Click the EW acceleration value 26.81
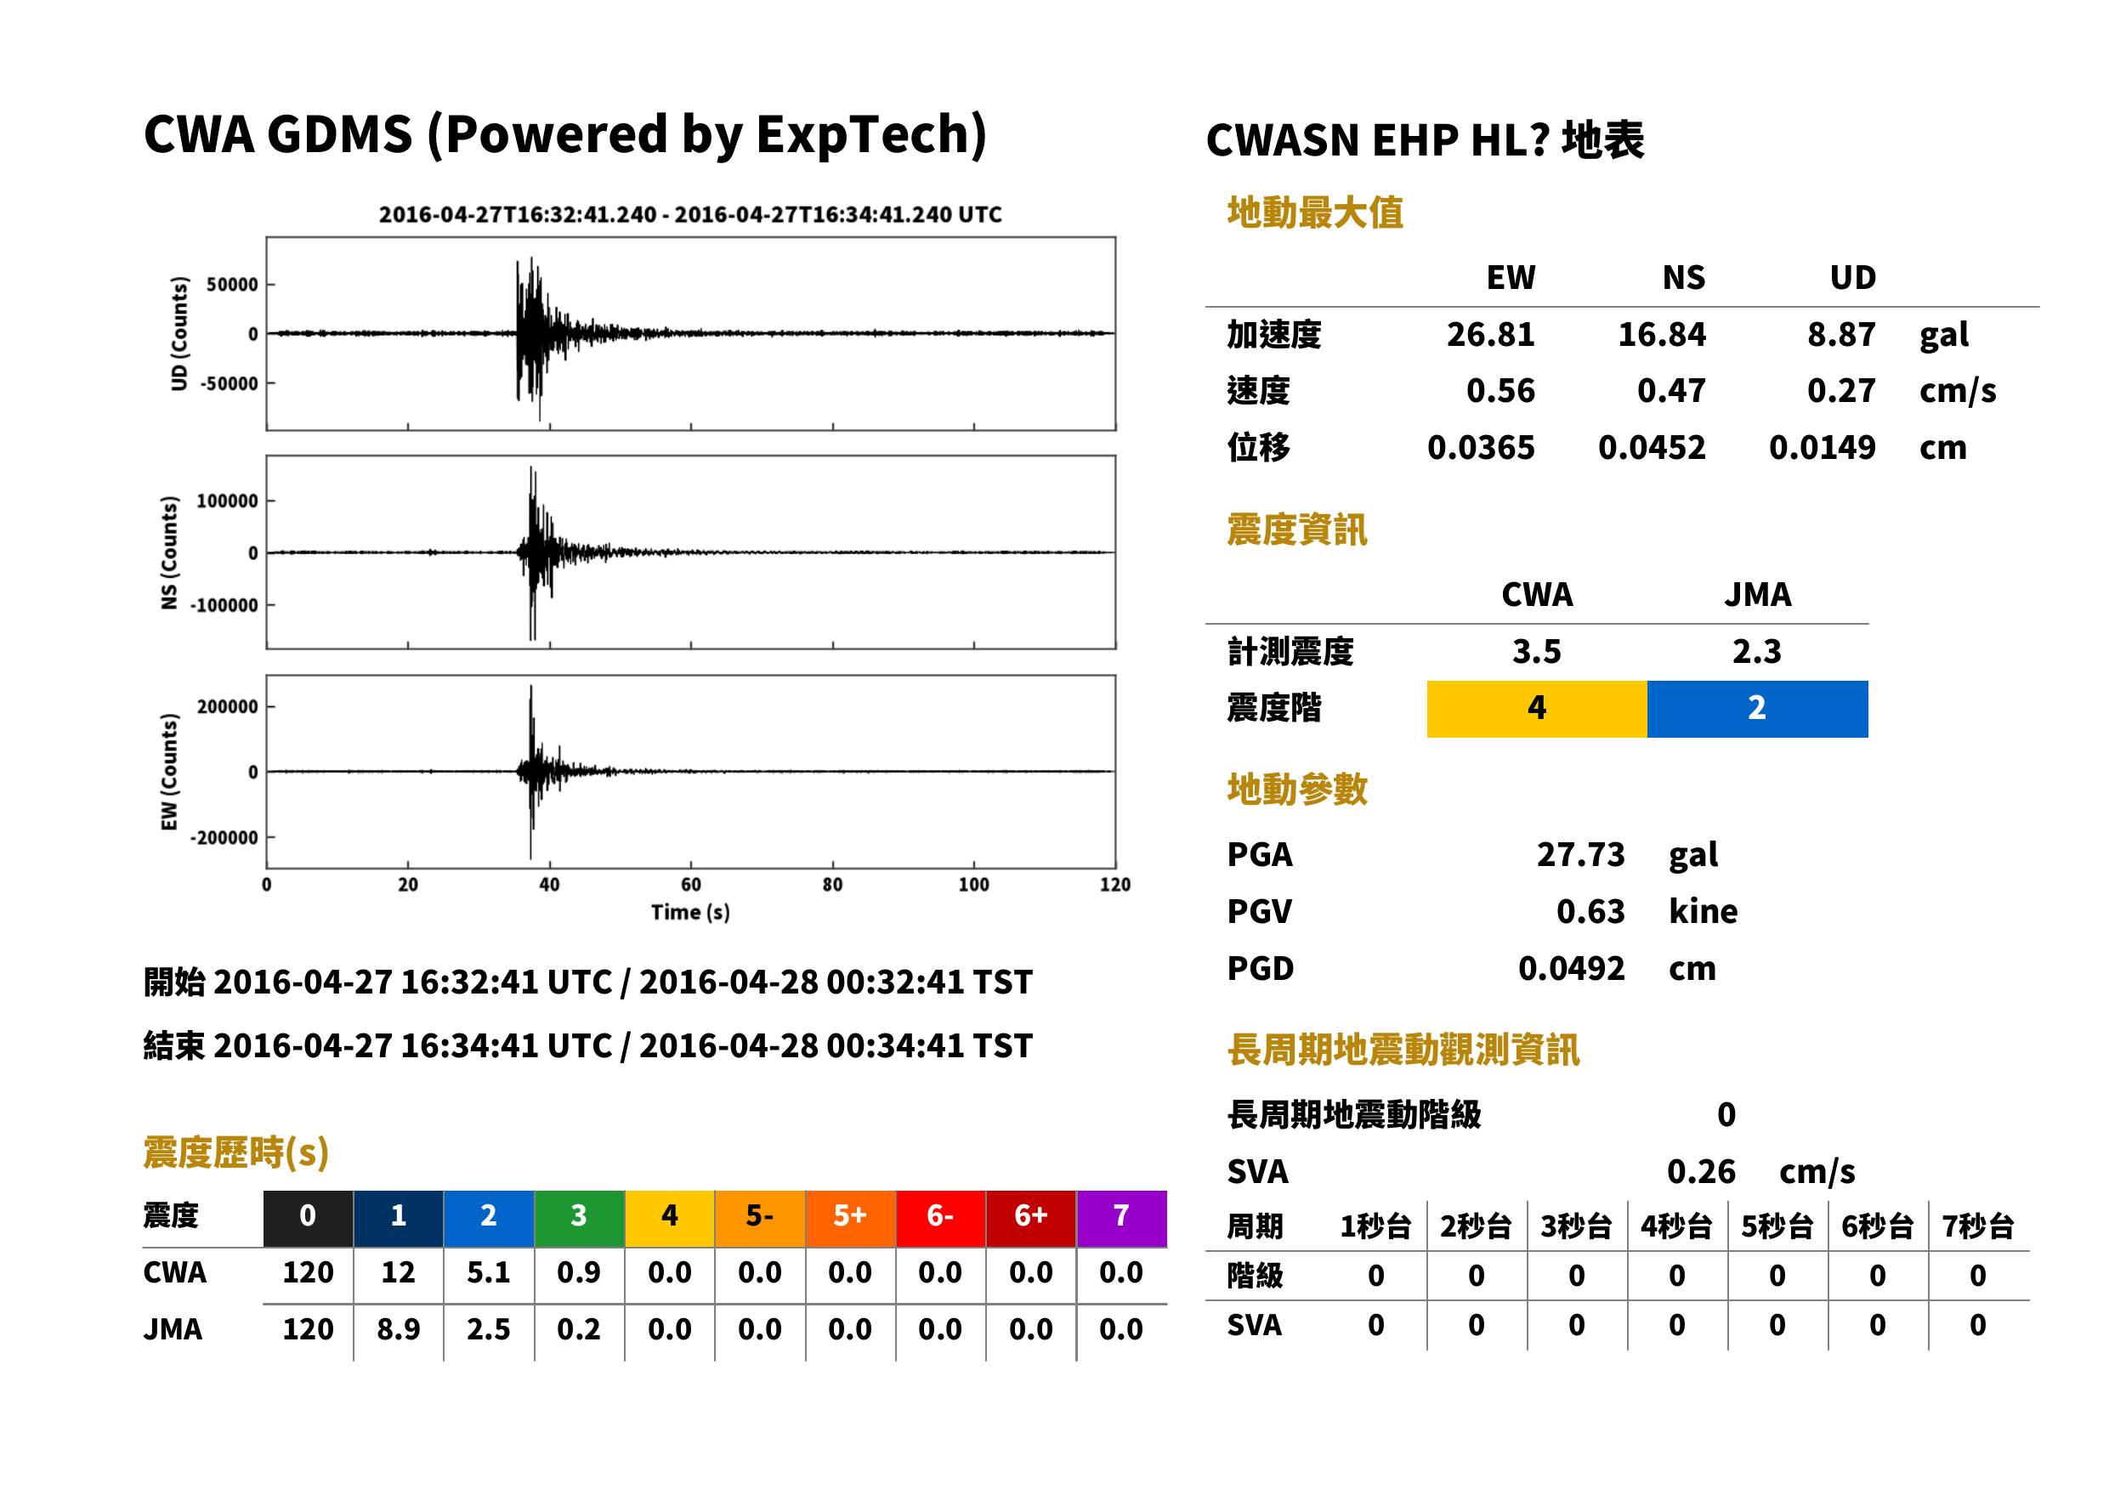(1489, 334)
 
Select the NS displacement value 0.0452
(1651, 448)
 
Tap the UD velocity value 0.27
(1841, 390)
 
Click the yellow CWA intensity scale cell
(1537, 709)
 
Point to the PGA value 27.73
(1580, 854)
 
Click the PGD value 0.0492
(1571, 968)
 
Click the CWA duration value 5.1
(489, 1272)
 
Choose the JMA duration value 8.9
(398, 1329)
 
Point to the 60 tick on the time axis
(691, 885)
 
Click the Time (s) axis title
(690, 913)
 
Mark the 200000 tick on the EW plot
(227, 706)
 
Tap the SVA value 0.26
(1701, 1171)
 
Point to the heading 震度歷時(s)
(235, 1152)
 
